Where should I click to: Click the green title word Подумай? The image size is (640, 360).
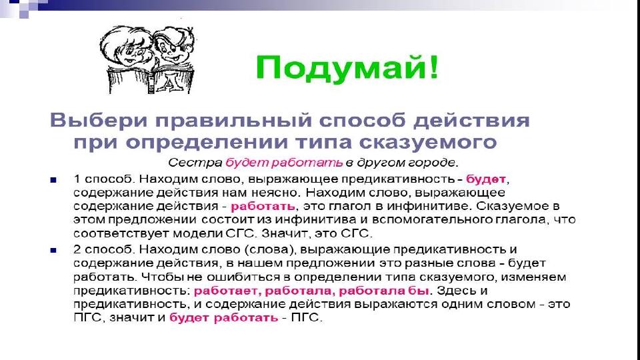tap(347, 69)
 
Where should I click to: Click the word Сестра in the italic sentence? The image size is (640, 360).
tap(195, 163)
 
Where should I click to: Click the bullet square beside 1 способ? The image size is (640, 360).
tap(53, 179)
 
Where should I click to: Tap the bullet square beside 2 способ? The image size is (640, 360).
tap(53, 250)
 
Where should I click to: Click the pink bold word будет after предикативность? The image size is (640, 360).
tap(486, 179)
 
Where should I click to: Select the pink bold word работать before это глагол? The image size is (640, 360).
tap(263, 206)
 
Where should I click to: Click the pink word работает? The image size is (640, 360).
tap(227, 291)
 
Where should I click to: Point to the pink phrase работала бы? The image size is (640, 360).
tap(384, 291)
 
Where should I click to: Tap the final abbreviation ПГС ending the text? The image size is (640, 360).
tap(307, 317)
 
